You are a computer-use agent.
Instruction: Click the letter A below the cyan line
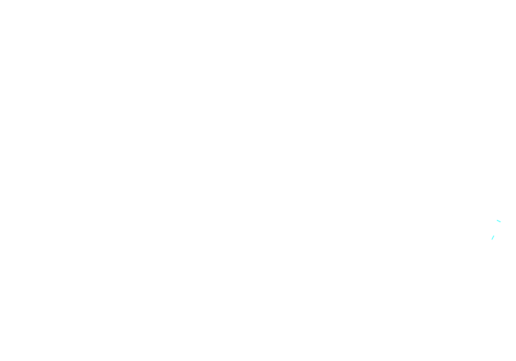point(495,243)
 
